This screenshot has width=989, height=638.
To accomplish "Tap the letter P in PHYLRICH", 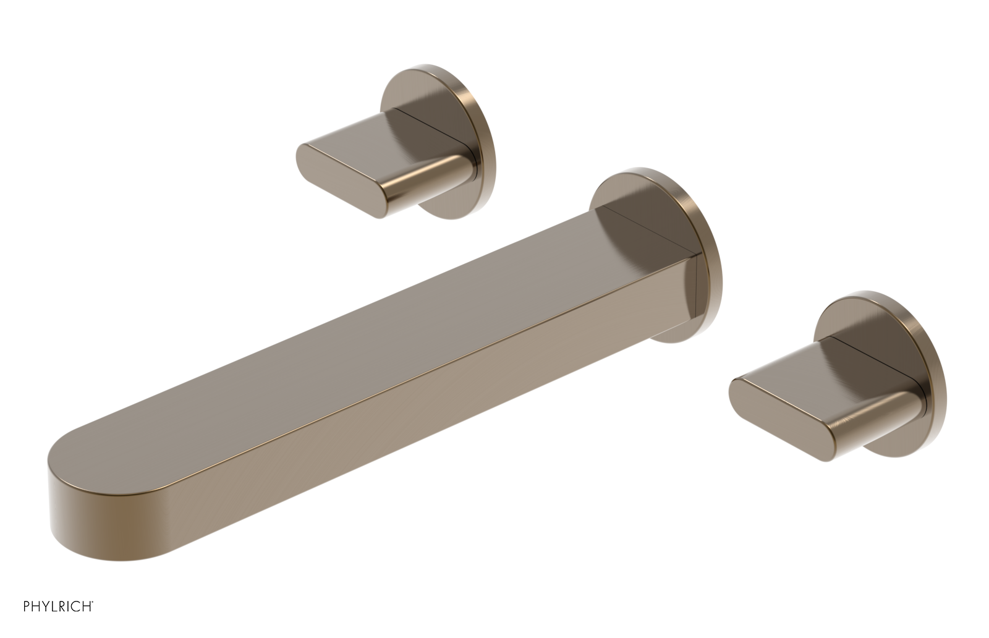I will (27, 606).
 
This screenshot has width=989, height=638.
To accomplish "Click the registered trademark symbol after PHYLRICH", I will (93, 602).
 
